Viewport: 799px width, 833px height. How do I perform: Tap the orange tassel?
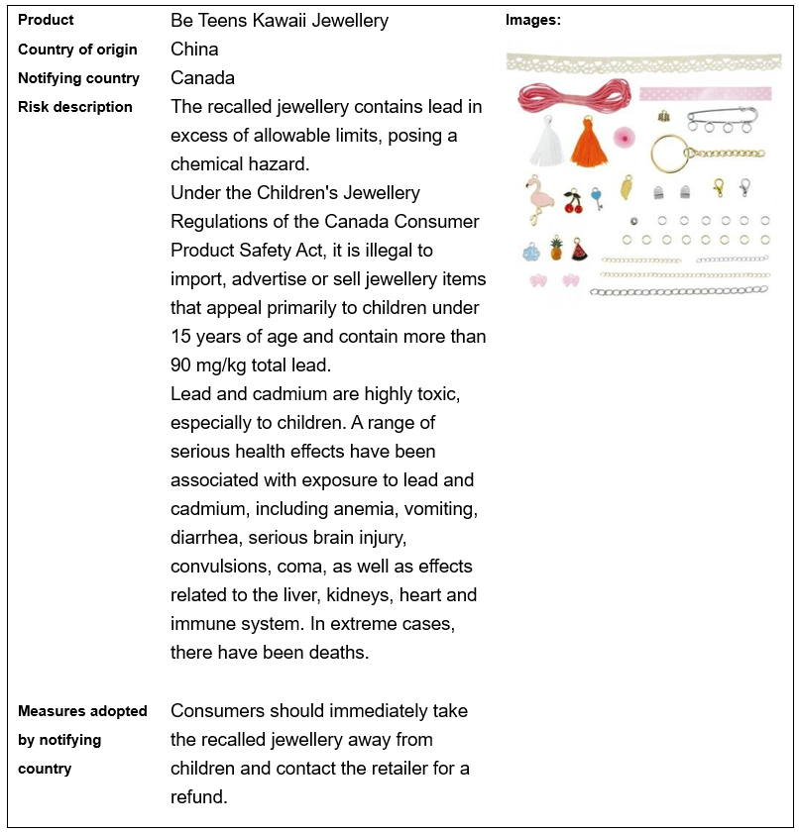click(588, 144)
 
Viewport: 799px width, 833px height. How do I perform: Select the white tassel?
click(546, 144)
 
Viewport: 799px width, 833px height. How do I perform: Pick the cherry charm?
click(574, 201)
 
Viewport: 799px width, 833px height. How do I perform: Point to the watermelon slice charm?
click(580, 250)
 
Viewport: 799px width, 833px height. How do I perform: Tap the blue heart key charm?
click(597, 197)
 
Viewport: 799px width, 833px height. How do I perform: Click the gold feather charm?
click(627, 187)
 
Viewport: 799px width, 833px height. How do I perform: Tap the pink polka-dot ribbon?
click(704, 94)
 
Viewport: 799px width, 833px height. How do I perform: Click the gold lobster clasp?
click(718, 187)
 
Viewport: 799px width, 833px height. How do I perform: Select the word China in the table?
click(194, 49)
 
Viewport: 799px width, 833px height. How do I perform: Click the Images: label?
click(533, 20)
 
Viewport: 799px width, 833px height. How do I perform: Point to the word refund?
click(199, 796)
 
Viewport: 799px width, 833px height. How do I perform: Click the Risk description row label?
click(75, 106)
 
